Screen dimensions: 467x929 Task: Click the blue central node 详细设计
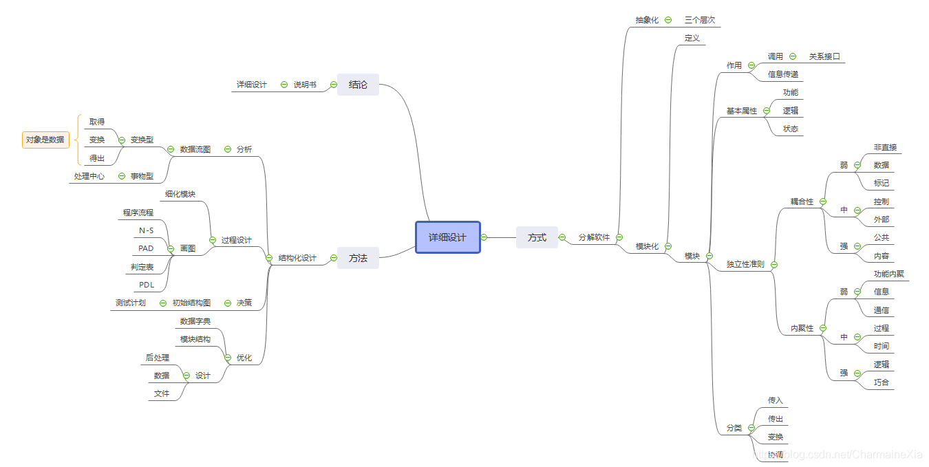[x=447, y=237]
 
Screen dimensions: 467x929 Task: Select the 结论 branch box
[x=358, y=85]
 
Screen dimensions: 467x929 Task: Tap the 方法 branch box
[x=358, y=258]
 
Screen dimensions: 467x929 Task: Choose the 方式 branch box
[x=537, y=237]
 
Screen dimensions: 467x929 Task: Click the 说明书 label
[x=305, y=85]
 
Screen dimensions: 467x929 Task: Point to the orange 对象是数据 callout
[x=45, y=140]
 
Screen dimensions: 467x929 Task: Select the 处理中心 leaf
[x=89, y=176]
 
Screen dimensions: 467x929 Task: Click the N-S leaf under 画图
[x=146, y=230]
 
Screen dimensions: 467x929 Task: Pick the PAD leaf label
[x=146, y=248]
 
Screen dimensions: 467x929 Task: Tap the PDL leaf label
[x=146, y=285]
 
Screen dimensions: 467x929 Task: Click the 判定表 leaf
[x=142, y=267]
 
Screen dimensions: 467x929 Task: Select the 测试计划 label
[x=131, y=303]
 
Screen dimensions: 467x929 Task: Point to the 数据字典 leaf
[x=195, y=321]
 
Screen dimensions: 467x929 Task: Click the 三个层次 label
[x=700, y=20]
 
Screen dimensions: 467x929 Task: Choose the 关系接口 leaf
[x=824, y=56]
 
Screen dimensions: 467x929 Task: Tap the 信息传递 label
[x=783, y=74]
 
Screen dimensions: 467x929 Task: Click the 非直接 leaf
[x=886, y=147]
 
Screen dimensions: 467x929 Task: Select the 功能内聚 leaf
[x=889, y=274]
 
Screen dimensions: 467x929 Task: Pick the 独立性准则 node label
[x=745, y=264]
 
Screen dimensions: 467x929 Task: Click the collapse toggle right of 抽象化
[x=668, y=20]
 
